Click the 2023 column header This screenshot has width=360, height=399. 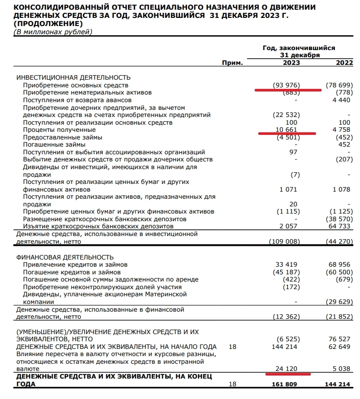point(291,63)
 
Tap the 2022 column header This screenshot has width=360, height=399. point(344,63)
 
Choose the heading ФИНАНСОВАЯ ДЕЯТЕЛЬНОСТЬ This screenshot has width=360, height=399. point(65,257)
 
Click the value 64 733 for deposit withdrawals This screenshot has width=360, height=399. point(341,226)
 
